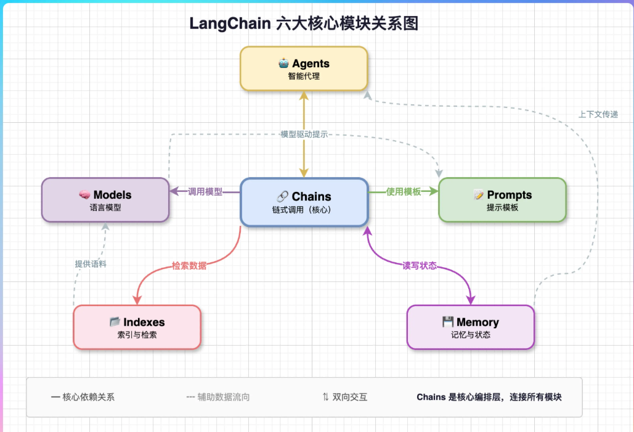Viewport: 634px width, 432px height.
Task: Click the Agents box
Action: (x=304, y=69)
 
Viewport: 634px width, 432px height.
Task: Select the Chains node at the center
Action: (x=304, y=202)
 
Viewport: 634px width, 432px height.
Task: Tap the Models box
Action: (x=105, y=200)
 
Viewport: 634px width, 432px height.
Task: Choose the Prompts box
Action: (x=502, y=200)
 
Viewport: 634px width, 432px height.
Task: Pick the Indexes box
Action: (x=137, y=327)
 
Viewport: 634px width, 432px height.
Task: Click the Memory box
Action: (x=471, y=327)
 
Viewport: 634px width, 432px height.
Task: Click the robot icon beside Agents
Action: (x=283, y=63)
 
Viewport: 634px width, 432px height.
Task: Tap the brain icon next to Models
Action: (x=84, y=195)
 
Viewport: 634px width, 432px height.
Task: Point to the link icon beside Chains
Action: (x=282, y=196)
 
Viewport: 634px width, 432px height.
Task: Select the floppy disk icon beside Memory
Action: (x=447, y=322)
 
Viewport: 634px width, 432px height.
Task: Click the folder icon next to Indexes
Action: (x=115, y=322)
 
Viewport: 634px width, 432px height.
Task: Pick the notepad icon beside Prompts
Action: (x=479, y=195)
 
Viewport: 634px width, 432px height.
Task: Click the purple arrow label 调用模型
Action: (x=205, y=191)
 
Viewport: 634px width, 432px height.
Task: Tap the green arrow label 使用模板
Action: (x=404, y=191)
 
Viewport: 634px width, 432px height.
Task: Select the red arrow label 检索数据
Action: (x=189, y=265)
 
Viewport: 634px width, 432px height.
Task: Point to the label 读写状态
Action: (x=420, y=265)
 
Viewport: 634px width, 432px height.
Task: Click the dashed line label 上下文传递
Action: (x=598, y=115)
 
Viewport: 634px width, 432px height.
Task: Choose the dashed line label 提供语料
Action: (x=91, y=264)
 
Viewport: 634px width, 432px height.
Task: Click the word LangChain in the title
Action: (x=230, y=23)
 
